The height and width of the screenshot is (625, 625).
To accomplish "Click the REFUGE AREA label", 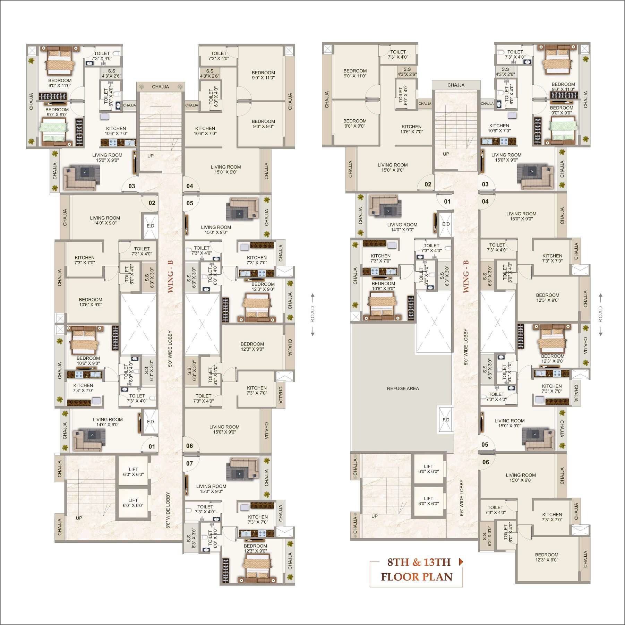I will (x=403, y=388).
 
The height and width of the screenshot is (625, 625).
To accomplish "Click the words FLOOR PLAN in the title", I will (x=417, y=577).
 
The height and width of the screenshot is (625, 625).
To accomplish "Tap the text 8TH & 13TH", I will (x=419, y=562).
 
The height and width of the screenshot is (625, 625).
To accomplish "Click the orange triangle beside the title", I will (x=461, y=562).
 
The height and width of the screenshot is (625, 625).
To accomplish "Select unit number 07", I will (x=189, y=463).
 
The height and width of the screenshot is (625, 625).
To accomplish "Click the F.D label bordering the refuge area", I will (x=446, y=420).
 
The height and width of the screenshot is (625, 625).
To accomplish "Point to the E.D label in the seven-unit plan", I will (x=150, y=226).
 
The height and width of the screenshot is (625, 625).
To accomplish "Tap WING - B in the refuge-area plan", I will (x=466, y=276).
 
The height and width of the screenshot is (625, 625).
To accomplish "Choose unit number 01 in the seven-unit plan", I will (x=152, y=446).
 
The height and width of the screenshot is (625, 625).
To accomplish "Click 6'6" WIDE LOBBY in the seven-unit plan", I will (x=168, y=510).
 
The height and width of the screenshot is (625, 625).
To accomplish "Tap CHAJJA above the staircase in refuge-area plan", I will (x=456, y=85).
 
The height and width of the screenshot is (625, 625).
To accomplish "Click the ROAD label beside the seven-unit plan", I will (x=312, y=314).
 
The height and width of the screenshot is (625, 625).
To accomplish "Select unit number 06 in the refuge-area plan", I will (x=486, y=462).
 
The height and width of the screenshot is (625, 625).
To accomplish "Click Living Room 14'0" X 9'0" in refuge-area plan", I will (x=402, y=227).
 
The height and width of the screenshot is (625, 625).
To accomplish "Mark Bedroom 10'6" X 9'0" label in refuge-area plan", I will (x=383, y=286).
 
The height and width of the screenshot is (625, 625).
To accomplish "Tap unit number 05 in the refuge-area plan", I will (x=485, y=445).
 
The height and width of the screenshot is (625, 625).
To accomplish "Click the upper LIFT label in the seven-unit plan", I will (x=133, y=472).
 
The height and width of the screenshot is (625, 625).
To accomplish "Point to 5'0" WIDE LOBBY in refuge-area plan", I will (x=466, y=347).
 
